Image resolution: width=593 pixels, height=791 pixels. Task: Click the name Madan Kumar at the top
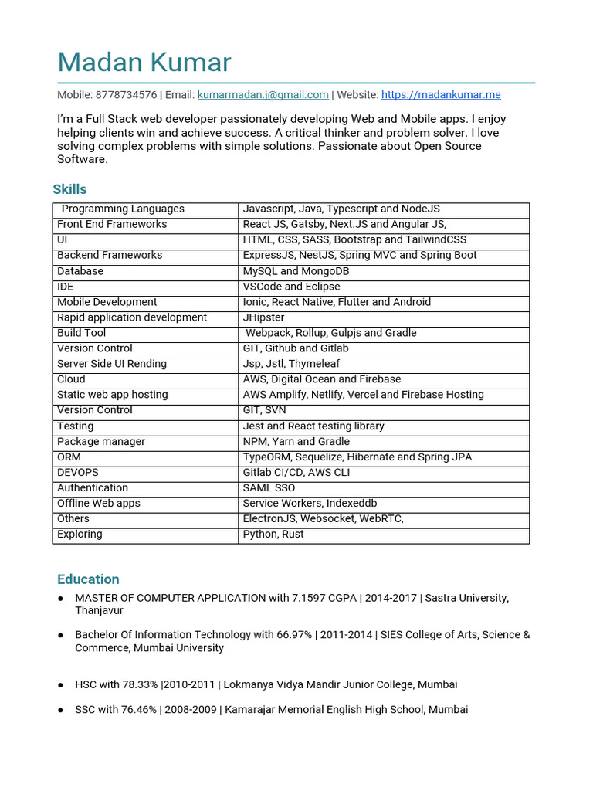(x=144, y=63)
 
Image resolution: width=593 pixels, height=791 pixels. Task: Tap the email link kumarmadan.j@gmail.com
(x=263, y=95)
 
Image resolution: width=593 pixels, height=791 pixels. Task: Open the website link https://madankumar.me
(x=441, y=95)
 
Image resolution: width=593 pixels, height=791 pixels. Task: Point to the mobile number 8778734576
(x=126, y=95)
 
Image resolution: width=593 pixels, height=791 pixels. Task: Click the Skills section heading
(x=69, y=189)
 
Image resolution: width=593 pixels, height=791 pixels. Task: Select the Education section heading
(x=88, y=579)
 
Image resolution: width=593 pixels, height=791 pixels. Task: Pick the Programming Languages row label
(x=123, y=209)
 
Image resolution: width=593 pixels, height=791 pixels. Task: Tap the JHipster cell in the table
(x=263, y=317)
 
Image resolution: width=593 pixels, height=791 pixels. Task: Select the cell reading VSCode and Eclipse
(x=291, y=287)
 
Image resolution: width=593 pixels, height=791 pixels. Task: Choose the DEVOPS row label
(x=78, y=473)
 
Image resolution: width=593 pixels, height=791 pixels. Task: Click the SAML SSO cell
(x=269, y=488)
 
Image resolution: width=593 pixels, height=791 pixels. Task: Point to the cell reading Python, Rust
(x=273, y=535)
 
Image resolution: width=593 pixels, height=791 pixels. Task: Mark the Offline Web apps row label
(x=99, y=504)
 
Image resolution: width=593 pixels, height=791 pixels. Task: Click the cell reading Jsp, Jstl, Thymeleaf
(x=291, y=364)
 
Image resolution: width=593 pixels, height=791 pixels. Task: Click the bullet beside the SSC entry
(x=61, y=710)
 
